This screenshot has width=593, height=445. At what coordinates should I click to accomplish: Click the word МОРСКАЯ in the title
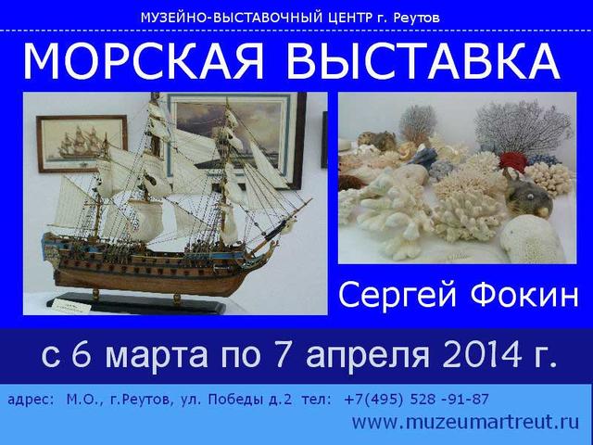[143, 61]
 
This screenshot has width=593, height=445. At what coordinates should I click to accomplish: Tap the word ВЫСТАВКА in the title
[423, 61]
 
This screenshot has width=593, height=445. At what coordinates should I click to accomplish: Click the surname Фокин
[524, 296]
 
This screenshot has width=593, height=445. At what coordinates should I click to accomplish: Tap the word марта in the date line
[157, 356]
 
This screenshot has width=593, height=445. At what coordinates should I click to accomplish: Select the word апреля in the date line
[367, 356]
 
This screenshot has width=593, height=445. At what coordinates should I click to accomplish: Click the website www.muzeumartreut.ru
[465, 422]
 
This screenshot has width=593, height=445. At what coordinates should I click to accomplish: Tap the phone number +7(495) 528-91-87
[416, 400]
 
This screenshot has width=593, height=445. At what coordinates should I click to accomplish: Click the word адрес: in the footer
[31, 400]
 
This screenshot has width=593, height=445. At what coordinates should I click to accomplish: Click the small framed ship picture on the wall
[82, 144]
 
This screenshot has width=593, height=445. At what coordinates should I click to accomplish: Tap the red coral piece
[512, 161]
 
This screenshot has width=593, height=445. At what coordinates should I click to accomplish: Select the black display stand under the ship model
[136, 303]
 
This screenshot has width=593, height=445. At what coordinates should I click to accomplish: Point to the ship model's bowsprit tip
[311, 199]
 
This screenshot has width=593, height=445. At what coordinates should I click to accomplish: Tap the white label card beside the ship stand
[72, 306]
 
